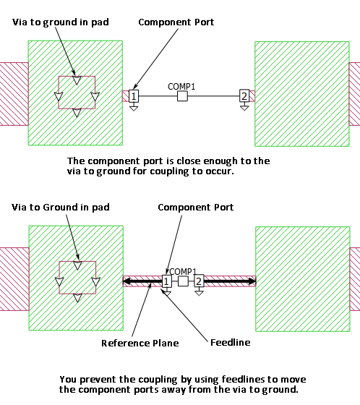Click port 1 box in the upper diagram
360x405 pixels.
[134, 96]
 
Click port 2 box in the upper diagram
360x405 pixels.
[244, 96]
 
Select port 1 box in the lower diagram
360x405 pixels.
[166, 281]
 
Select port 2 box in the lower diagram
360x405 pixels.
[199, 281]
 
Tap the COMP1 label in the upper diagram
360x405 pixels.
[181, 87]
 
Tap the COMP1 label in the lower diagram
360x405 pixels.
[183, 272]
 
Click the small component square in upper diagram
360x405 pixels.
[182, 96]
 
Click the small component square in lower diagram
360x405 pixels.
[183, 281]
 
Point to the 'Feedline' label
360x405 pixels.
[231, 343]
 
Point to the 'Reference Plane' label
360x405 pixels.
[140, 343]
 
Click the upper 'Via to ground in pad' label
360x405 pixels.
[61, 22]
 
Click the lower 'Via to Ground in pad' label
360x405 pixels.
[61, 208]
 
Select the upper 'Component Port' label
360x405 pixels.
[176, 22]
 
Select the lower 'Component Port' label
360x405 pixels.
[196, 208]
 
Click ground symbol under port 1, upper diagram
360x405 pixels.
[134, 107]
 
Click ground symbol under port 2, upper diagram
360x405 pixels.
[244, 107]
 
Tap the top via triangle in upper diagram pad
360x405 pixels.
[77, 80]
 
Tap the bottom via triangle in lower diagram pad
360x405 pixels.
[77, 298]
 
